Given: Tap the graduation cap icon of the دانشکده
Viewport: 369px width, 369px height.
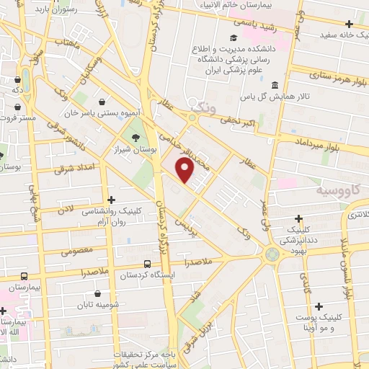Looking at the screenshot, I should (x=233, y=38).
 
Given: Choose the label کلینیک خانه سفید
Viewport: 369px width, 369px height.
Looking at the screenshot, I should (x=339, y=34).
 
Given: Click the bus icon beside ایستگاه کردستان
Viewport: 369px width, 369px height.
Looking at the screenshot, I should (x=147, y=264).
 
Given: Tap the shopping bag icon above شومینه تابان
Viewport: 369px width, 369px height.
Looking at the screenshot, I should (x=97, y=293).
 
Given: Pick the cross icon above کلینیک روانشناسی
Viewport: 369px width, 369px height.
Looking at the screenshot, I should (x=110, y=200).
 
